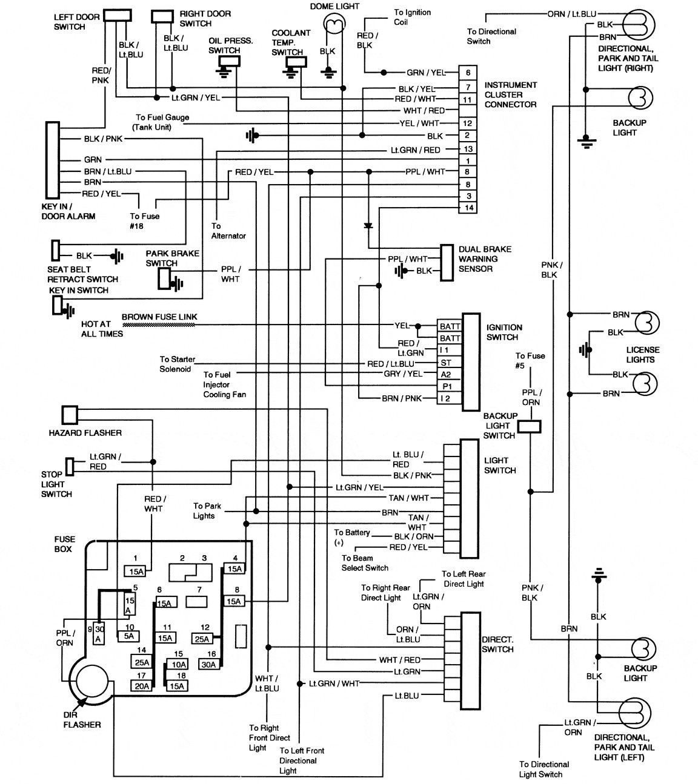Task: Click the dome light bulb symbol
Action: pos(333,24)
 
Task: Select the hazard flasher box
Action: pos(70,415)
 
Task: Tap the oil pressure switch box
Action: pos(229,61)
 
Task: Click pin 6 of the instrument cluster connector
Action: pos(468,73)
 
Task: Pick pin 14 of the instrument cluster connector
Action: pos(468,208)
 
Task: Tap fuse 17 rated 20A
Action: pos(142,686)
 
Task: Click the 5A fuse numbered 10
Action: pos(128,636)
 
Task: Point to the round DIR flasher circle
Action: pos(92,682)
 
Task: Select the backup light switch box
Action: pos(529,426)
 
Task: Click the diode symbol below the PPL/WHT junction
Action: pos(368,226)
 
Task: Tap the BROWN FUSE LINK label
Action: pos(159,317)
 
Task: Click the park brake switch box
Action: pos(164,278)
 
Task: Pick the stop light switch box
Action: pos(70,466)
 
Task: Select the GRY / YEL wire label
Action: pos(403,374)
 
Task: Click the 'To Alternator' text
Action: pos(228,231)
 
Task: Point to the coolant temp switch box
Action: pos(296,62)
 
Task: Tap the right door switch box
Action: pos(162,16)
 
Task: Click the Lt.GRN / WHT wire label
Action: pos(334,684)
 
